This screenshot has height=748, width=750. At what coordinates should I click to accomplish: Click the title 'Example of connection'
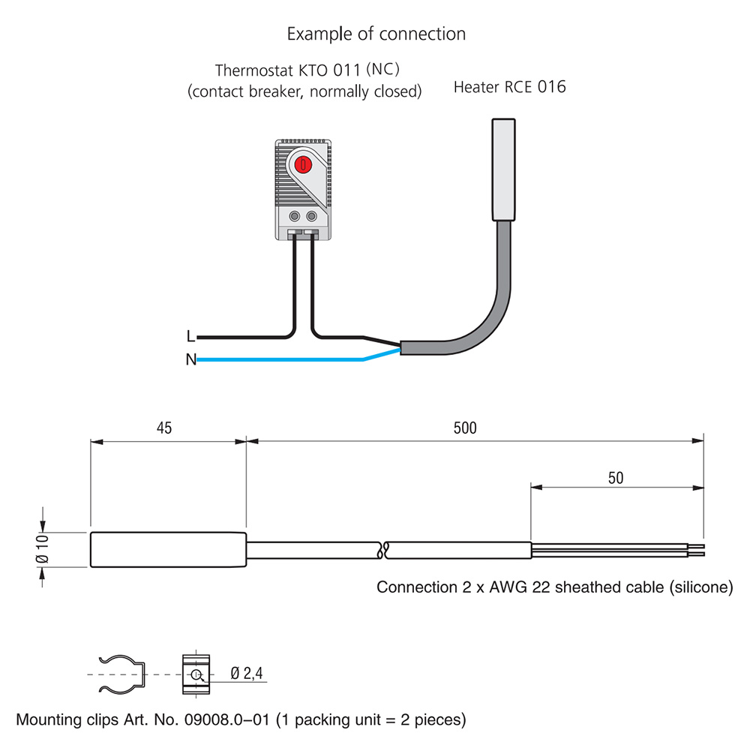pos(376,35)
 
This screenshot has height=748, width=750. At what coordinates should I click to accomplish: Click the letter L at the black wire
pos(190,337)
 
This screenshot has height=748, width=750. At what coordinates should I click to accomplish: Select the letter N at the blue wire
pos(190,360)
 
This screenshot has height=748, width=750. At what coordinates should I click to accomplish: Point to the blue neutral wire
pos(285,360)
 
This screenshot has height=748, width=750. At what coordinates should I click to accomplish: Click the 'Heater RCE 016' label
pos(509,88)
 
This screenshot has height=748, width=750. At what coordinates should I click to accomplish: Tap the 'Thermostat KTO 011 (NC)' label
pos(307,71)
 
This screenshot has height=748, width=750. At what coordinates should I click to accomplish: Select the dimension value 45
pos(164,428)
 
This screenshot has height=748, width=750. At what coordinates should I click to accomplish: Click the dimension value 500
pos(465,428)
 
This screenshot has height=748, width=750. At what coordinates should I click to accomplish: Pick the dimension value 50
pos(615,478)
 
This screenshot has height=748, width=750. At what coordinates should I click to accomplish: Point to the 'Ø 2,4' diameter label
pos(247,674)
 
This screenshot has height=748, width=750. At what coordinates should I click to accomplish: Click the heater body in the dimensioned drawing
pos(168,549)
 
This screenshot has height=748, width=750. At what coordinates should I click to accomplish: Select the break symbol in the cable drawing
pos(383,550)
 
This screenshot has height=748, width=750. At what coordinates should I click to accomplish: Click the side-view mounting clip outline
pos(120,674)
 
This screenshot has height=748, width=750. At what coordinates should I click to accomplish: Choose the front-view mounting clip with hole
pos(196,674)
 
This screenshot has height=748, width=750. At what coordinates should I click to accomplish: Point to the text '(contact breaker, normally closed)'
pos(304,92)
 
